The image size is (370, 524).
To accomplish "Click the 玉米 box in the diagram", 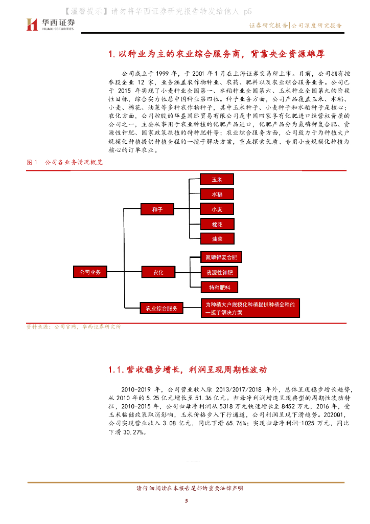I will [216, 179].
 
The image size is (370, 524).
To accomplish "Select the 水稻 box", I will [216, 194].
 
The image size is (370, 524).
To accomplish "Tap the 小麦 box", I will [216, 209].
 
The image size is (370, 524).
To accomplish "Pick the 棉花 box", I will [216, 224].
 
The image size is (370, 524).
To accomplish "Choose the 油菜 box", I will [216, 238].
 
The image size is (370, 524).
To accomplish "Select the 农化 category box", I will [157, 272].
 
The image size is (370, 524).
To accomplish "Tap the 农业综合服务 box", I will [161, 308].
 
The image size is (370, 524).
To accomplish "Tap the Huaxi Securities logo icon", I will [33, 24].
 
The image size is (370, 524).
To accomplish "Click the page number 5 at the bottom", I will [187, 501].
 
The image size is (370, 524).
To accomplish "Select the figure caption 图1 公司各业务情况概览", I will [65, 162].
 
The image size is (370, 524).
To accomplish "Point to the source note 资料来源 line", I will [74, 326].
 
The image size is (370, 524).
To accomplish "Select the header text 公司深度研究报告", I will [316, 25].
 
